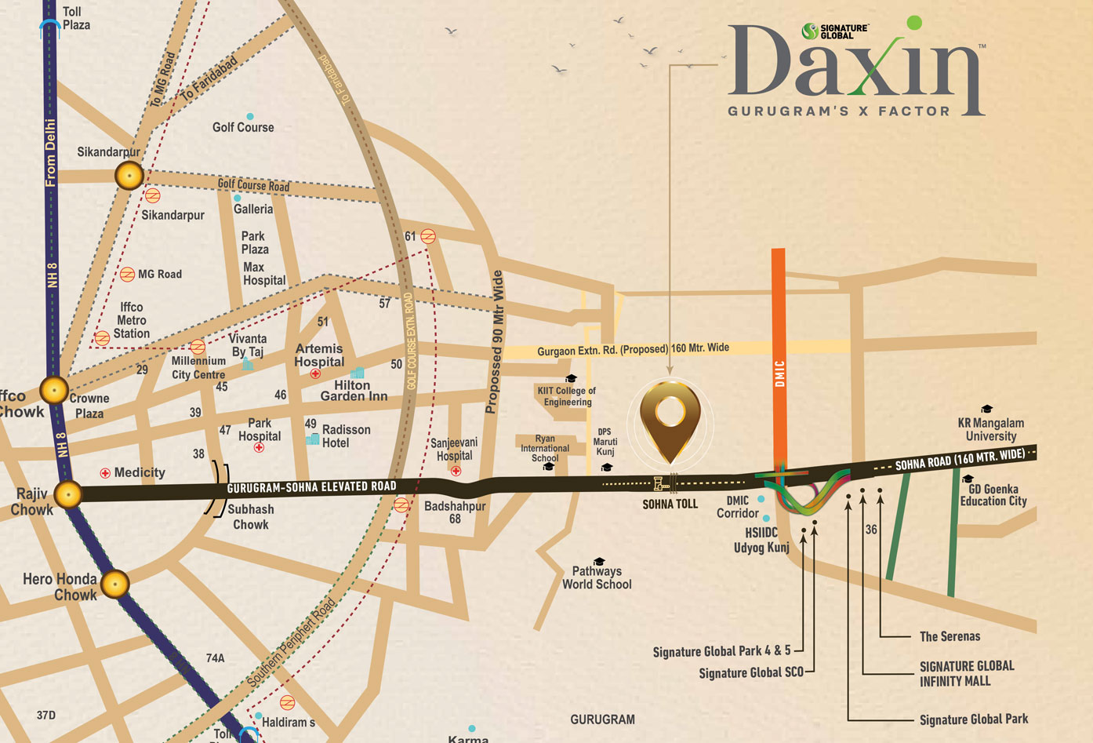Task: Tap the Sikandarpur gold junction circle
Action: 129,175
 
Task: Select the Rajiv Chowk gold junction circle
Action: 69,494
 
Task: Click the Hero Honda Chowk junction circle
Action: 115,584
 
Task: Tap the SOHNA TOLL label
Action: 670,504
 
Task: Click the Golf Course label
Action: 243,127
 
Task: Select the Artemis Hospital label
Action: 319,355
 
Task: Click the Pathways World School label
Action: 597,577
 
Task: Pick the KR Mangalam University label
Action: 990,429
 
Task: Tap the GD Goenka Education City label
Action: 993,495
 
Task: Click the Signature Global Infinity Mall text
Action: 966,673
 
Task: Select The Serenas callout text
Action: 950,636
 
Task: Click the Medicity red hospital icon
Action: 105,473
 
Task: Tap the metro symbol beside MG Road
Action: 127,274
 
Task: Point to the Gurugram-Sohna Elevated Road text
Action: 311,487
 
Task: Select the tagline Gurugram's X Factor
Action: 839,111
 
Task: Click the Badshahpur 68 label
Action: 455,512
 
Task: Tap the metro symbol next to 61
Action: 428,236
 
